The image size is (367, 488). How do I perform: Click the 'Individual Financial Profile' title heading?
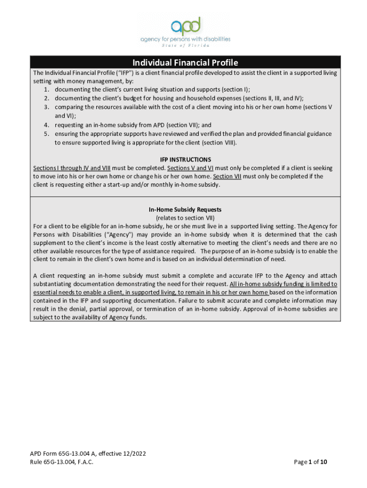point(185,63)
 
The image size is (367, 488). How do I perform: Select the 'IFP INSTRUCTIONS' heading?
point(185,160)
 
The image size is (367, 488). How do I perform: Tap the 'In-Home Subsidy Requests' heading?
point(185,210)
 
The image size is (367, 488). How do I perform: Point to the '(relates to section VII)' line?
point(185,218)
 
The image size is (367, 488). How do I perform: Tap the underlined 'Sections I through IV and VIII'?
point(71,168)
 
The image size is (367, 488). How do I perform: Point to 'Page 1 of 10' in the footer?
point(310,462)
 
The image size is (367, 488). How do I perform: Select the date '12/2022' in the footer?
point(133,453)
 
